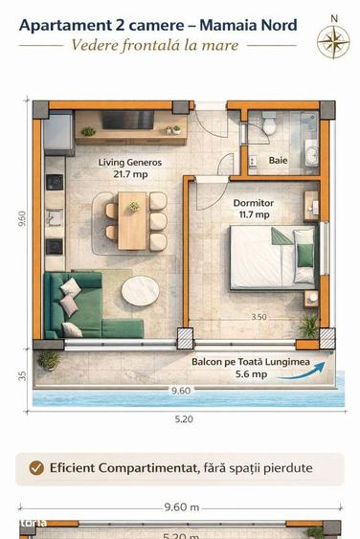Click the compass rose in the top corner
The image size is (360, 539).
click(x=333, y=37)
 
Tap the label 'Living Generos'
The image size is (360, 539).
click(x=130, y=163)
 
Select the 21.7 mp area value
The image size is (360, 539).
click(x=130, y=174)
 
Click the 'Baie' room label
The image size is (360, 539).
click(x=278, y=160)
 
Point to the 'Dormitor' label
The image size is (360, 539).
click(x=253, y=203)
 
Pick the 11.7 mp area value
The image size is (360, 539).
click(x=253, y=215)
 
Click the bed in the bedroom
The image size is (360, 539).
click(x=274, y=256)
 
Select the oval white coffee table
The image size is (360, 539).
click(x=143, y=290)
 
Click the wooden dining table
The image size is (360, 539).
click(x=133, y=219)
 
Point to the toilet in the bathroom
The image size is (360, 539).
click(x=269, y=124)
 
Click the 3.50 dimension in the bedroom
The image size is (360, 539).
click(x=259, y=317)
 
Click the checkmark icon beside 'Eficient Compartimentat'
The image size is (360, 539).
click(x=36, y=468)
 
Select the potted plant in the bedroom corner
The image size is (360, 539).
click(x=307, y=326)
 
